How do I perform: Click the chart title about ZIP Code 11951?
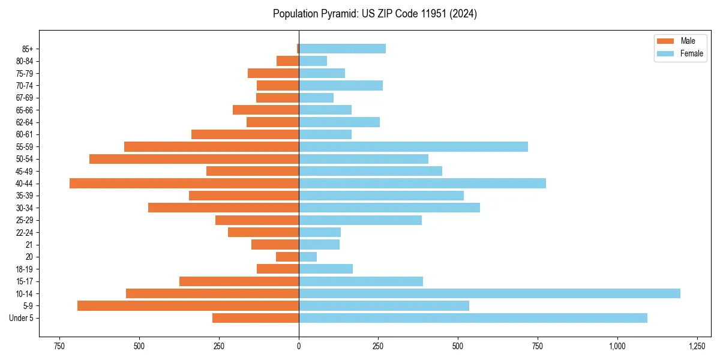tap(374, 14)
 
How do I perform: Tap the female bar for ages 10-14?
tap(489, 293)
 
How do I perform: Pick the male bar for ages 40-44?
tap(184, 184)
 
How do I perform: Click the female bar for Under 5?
tap(473, 318)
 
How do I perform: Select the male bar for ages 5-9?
tap(188, 306)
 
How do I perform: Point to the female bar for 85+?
tap(342, 49)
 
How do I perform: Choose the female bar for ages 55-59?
tap(413, 146)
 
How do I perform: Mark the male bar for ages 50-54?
tap(194, 159)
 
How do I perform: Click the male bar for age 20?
tap(287, 257)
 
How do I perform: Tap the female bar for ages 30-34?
tap(389, 208)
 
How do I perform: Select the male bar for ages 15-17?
tap(239, 281)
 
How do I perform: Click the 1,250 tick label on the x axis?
tap(697, 346)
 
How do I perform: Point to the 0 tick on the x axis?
tap(299, 346)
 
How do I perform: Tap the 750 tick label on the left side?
tap(59, 346)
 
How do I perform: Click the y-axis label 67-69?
tap(25, 98)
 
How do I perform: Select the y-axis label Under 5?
tap(21, 318)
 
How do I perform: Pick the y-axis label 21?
tap(29, 245)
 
